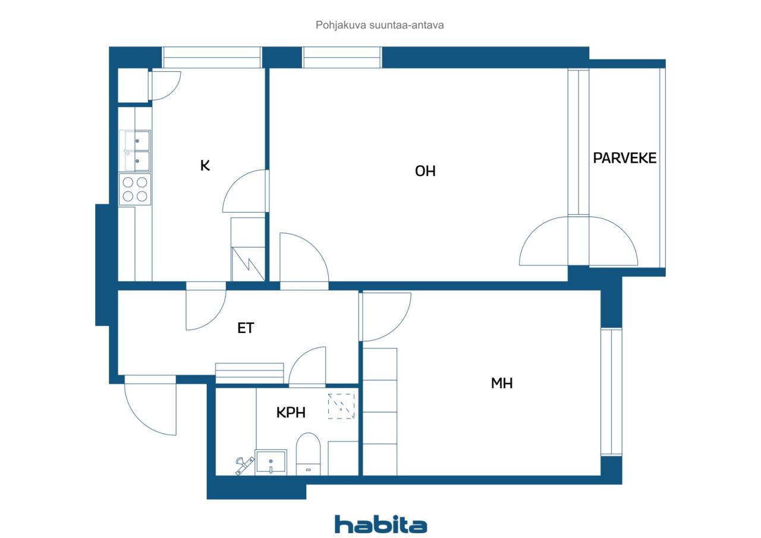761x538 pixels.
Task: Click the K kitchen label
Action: tap(205, 166)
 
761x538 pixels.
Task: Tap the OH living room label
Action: tap(425, 171)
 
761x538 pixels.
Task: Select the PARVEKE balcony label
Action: tap(624, 158)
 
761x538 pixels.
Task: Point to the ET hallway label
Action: tap(246, 328)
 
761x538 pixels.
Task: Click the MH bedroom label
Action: tap(502, 383)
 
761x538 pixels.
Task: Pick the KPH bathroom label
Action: tap(291, 413)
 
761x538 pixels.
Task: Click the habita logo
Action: tap(380, 524)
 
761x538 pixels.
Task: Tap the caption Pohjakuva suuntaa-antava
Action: tap(379, 25)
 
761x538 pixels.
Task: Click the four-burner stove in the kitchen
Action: tap(135, 189)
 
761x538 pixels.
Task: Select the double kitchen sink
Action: tap(135, 151)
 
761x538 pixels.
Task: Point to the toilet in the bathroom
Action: tap(308, 454)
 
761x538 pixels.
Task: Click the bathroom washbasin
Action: tap(271, 462)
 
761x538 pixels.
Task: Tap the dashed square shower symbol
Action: tap(341, 406)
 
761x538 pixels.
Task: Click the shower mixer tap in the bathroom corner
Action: tap(244, 465)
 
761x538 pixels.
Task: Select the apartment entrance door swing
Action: tap(150, 405)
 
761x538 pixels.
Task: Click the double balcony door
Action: tap(578, 241)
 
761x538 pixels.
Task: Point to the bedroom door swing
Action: tap(385, 316)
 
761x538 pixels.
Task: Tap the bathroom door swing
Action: tap(307, 367)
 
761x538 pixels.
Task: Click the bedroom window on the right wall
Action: tap(611, 392)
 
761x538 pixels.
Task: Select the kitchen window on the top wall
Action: tap(212, 58)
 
